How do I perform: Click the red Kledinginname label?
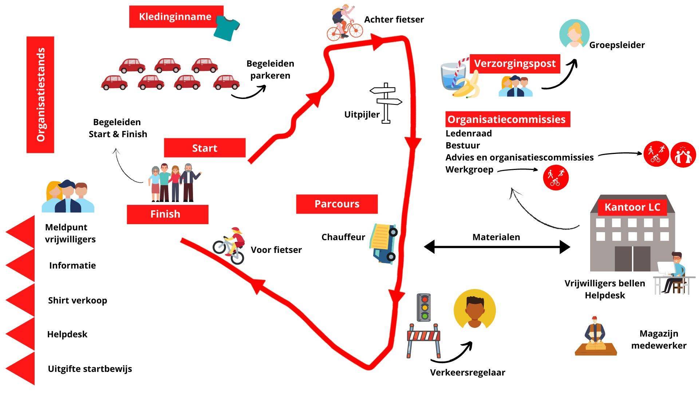(176, 17)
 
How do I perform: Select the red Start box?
(205, 148)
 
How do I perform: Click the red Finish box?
(167, 214)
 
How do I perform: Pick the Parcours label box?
(337, 204)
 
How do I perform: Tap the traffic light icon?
(423, 307)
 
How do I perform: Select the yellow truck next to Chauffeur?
(384, 243)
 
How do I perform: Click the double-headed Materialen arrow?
(497, 247)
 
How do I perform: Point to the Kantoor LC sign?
(632, 207)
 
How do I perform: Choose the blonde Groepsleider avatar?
(574, 34)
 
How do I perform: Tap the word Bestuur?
(462, 146)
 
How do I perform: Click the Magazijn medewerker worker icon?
(595, 337)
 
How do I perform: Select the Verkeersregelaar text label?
(467, 373)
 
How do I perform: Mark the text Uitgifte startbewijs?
(90, 369)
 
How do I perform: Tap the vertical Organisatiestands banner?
(40, 95)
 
